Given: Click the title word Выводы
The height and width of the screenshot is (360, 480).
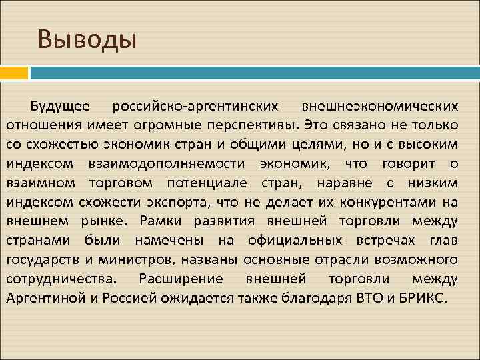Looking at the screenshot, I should pyautogui.click(x=87, y=39).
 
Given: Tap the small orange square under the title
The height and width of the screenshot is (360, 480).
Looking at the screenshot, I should pyautogui.click(x=14, y=72).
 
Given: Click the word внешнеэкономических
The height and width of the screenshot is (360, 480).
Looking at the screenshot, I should pyautogui.click(x=380, y=106).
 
